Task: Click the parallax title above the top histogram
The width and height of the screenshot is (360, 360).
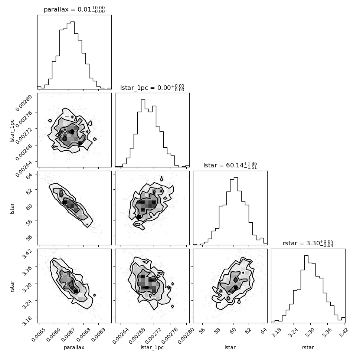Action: click(74, 10)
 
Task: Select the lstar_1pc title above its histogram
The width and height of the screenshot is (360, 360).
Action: click(152, 88)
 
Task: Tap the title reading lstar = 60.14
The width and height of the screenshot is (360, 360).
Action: click(230, 165)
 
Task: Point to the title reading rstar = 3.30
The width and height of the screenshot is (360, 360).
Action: click(308, 243)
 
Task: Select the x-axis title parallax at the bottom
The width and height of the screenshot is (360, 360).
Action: click(74, 348)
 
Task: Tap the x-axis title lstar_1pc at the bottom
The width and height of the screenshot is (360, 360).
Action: click(152, 348)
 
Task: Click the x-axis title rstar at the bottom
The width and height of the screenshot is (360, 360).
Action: click(308, 347)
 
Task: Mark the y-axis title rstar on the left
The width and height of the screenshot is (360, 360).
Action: click(12, 286)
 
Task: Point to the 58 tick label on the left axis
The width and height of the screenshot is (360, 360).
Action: click(29, 222)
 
